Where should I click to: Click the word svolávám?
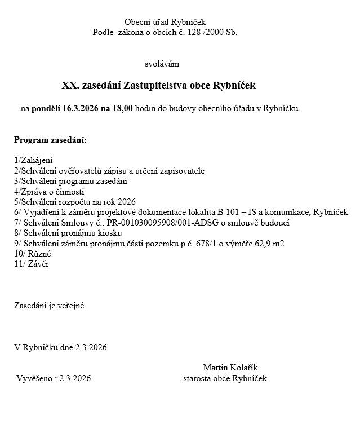coord(162,64)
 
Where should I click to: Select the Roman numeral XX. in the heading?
coord(70,86)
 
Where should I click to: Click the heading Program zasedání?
coord(50,140)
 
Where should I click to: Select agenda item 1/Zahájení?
coord(33,161)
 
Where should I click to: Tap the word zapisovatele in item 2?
coord(182,171)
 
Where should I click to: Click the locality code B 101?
coord(230,212)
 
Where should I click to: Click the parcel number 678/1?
coord(210,243)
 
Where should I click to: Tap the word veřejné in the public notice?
coord(70,306)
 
